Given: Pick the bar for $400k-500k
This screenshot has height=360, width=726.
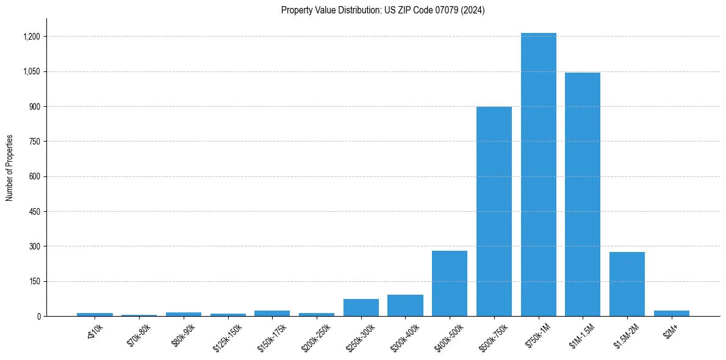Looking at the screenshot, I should pyautogui.click(x=450, y=283).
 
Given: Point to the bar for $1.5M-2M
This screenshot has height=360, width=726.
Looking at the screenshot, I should pyautogui.click(x=627, y=284).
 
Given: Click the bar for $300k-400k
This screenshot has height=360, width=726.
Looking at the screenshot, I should pyautogui.click(x=405, y=306).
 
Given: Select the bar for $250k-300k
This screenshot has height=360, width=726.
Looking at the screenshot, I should pyautogui.click(x=361, y=308).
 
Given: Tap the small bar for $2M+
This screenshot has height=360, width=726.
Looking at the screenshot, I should pyautogui.click(x=671, y=313).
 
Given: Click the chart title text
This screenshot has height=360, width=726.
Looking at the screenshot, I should pyautogui.click(x=383, y=10).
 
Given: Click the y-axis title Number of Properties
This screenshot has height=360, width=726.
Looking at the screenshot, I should pyautogui.click(x=10, y=168).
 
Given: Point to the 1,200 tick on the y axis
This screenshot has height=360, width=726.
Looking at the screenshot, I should pyautogui.click(x=31, y=37).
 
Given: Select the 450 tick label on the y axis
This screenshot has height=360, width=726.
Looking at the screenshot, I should pyautogui.click(x=34, y=212).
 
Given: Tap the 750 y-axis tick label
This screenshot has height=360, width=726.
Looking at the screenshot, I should pyautogui.click(x=34, y=142).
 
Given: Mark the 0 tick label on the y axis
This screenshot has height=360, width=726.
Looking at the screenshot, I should pyautogui.click(x=38, y=317).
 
